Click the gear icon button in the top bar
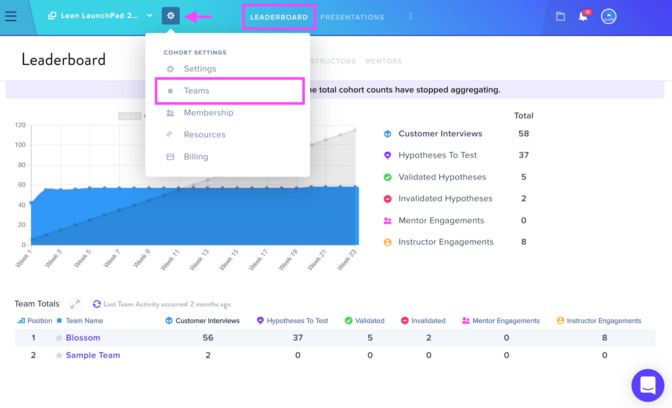[171, 16]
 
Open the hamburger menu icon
[11, 16]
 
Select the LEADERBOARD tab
[279, 17]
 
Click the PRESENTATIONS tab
[352, 17]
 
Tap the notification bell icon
[583, 16]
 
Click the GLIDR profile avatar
[609, 16]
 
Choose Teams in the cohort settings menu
[197, 91]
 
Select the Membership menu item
[208, 113]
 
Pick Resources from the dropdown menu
[205, 134]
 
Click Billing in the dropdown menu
[196, 156]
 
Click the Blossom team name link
[83, 338]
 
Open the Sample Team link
[93, 355]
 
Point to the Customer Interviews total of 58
[523, 134]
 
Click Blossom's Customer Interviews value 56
[208, 338]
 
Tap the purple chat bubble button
[648, 385]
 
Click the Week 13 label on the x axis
[199, 260]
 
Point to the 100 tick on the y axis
[20, 145]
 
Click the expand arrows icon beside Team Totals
[75, 304]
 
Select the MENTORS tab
[383, 61]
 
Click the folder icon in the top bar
[560, 16]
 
